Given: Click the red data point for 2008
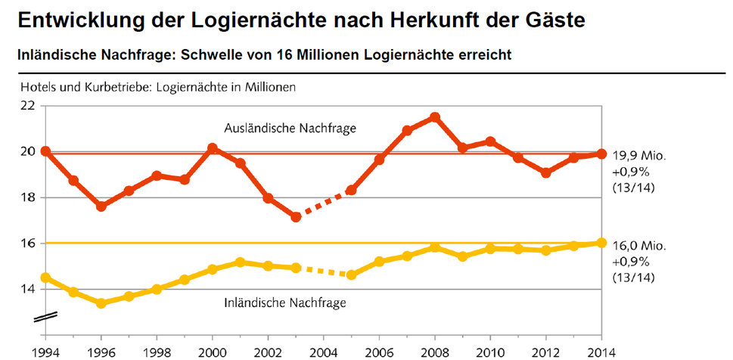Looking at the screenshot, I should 434,117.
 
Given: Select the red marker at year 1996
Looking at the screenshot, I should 101,206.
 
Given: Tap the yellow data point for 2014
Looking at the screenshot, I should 601,243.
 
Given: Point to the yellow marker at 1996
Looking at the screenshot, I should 101,303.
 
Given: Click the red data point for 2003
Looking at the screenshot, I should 296,217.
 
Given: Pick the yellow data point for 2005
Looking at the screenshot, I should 351,275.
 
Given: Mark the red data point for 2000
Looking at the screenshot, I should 213,148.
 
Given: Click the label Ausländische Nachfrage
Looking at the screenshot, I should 290,129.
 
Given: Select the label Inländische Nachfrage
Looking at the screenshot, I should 285,303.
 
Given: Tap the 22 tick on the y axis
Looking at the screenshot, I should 27,105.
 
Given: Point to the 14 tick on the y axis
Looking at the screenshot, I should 27,290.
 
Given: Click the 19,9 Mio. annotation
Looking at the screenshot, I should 639,154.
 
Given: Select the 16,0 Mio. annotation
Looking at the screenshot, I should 639,247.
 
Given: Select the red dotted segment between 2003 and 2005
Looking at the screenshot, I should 324,203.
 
